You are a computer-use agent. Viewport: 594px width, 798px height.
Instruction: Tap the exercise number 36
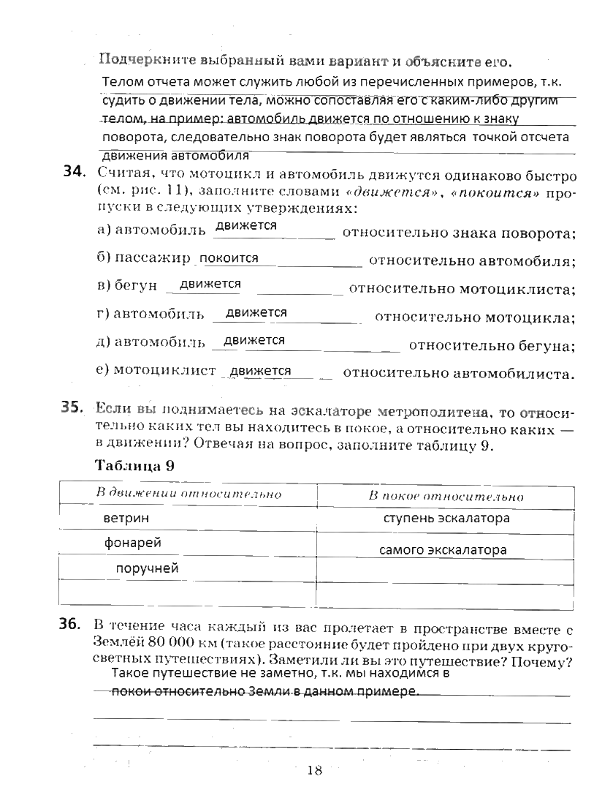pyautogui.click(x=74, y=625)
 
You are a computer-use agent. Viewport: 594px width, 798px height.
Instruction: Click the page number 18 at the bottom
pyautogui.click(x=314, y=769)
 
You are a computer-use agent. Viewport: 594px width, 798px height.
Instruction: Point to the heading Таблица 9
pyautogui.click(x=134, y=467)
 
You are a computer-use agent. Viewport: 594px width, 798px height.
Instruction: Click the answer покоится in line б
pyautogui.click(x=229, y=258)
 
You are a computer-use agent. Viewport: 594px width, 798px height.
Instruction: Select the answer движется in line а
pyautogui.click(x=245, y=226)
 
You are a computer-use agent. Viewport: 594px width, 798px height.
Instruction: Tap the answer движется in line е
pyautogui.click(x=260, y=372)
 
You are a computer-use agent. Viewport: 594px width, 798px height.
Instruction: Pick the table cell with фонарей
pyautogui.click(x=132, y=543)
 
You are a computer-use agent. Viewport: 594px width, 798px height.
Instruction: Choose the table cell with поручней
pyautogui.click(x=147, y=568)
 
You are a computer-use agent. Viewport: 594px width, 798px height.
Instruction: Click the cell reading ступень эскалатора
pyautogui.click(x=446, y=519)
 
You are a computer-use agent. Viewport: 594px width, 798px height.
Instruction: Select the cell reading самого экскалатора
pyautogui.click(x=443, y=550)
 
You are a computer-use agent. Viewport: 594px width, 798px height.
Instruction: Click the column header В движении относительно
pyautogui.click(x=189, y=494)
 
